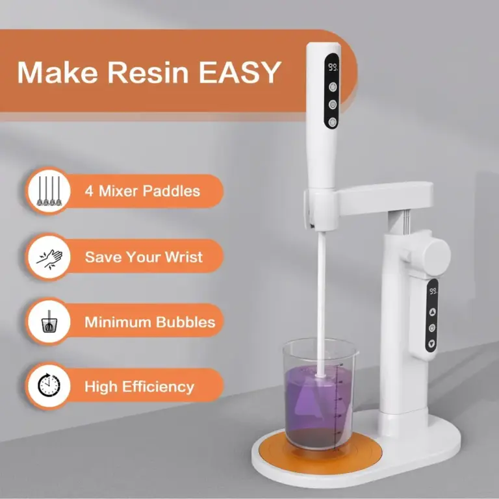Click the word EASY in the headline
pos(240,73)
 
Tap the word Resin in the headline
pos(148,73)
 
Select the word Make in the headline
pos(58,73)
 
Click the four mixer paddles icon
pos(49,191)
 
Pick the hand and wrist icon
pos(49,257)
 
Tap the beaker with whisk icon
pos(49,322)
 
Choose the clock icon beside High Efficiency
pos(49,386)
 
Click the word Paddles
pos(172,191)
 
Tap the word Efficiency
pos(158,387)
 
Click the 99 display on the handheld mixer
pos(333,67)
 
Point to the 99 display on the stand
pos(433,291)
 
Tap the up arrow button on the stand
pos(432,312)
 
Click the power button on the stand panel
pos(432,327)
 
